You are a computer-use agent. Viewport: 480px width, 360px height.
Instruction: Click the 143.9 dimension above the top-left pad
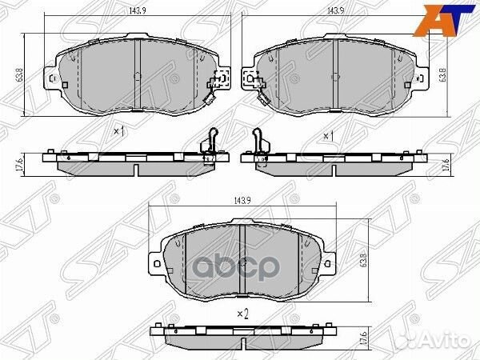click(x=138, y=10)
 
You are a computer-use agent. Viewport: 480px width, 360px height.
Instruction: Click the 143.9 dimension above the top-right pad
click(x=336, y=10)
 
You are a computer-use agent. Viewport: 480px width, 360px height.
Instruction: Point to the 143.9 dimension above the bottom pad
click(x=242, y=201)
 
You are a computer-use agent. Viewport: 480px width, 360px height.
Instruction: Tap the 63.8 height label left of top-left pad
click(x=20, y=74)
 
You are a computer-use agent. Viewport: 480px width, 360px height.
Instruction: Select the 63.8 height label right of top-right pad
click(x=442, y=74)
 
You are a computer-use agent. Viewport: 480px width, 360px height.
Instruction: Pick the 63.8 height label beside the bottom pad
click(x=363, y=260)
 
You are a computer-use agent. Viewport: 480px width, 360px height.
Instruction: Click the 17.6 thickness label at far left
click(x=19, y=165)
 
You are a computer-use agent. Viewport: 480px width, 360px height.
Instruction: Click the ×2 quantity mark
click(x=242, y=314)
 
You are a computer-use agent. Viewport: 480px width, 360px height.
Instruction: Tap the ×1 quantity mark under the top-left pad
click(x=119, y=132)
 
